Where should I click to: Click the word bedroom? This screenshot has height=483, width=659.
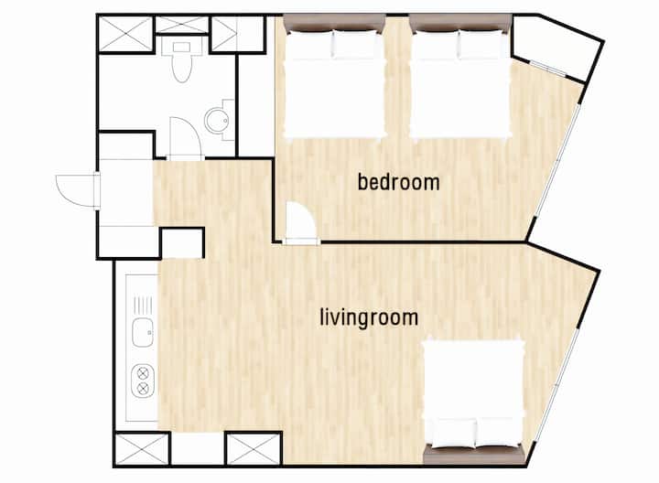point(398,182)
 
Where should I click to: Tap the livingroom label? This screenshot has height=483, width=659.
point(369,317)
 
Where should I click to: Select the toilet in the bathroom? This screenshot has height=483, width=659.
point(181,61)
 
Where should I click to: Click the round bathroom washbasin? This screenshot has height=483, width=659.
point(217,121)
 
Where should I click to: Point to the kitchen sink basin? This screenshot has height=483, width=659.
point(143,332)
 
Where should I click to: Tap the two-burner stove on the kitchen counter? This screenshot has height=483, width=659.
point(143,381)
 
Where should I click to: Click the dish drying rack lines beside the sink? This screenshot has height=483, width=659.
point(143,305)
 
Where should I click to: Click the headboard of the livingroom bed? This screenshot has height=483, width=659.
point(475,456)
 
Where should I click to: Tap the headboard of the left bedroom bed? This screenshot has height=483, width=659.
point(335,22)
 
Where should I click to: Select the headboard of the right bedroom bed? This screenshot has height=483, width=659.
point(460,22)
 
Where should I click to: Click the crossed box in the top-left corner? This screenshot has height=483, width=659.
point(125,34)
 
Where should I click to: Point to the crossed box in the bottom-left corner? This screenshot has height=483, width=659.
point(142,449)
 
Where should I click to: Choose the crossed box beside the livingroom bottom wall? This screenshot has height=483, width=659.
point(254,449)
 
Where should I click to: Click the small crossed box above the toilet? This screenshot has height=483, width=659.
point(181,25)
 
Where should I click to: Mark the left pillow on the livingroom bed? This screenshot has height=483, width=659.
point(453,432)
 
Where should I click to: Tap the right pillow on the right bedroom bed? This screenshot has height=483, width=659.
point(482,44)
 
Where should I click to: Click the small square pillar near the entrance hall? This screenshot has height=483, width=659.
point(183,242)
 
